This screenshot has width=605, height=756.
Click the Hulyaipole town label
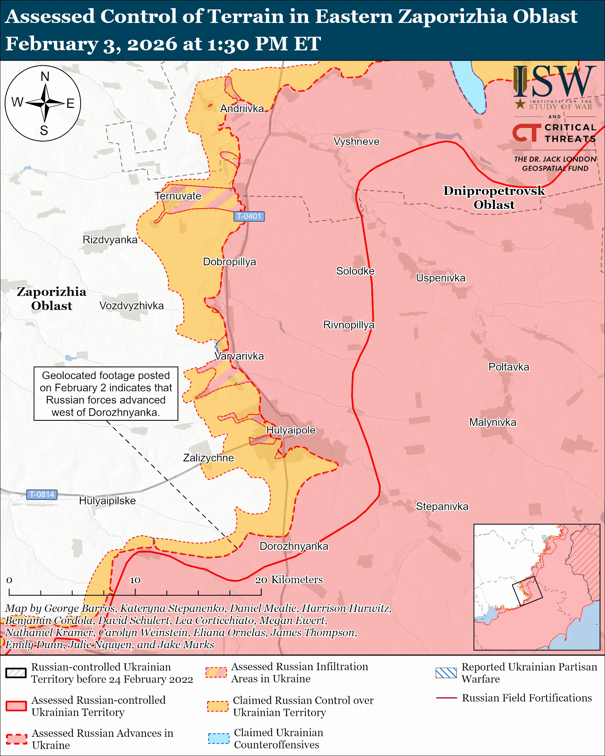tap(291, 430)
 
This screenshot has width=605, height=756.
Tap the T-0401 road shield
tap(249, 216)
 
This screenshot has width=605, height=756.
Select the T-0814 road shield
tap(42, 495)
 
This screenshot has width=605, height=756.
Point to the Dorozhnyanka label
tap(294, 546)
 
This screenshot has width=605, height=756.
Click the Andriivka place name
tap(242, 109)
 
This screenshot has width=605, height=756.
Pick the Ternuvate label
tap(178, 196)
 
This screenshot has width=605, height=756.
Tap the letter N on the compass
tap(45, 76)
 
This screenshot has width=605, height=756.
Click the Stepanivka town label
tap(442, 506)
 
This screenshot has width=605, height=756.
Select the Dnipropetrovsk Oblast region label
tap(494, 197)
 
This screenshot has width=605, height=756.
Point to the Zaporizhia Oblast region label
tap(52, 298)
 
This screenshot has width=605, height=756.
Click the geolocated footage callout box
tap(105, 393)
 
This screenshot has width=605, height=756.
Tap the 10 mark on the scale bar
tap(135, 580)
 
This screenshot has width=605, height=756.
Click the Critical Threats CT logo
tap(526, 132)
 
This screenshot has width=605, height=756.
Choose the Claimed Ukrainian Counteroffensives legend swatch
tap(218, 738)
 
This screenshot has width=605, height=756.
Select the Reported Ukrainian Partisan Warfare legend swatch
tap(446, 673)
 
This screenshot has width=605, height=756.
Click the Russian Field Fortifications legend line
tap(446, 698)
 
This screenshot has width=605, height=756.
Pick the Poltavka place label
tap(509, 367)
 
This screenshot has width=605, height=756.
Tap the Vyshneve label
tap(356, 141)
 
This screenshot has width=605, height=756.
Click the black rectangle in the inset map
tap(527, 591)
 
